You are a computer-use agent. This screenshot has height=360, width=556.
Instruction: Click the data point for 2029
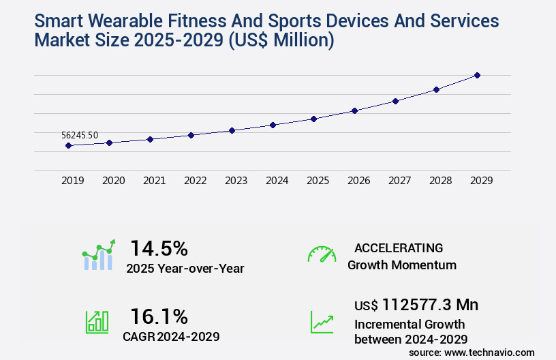click(477, 75)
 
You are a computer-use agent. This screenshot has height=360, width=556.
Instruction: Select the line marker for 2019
click(68, 145)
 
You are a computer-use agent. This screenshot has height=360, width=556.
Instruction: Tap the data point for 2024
click(273, 125)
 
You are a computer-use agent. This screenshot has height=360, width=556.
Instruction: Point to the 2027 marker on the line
click(395, 101)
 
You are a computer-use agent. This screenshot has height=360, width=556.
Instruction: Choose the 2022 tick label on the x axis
click(195, 181)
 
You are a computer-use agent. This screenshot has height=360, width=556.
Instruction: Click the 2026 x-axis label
click(358, 181)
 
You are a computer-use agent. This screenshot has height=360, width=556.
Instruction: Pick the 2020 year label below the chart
click(113, 181)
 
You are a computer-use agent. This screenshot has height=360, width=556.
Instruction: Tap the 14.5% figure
click(159, 248)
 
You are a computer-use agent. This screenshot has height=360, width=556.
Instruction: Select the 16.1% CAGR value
click(159, 316)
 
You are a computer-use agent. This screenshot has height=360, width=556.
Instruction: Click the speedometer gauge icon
click(322, 254)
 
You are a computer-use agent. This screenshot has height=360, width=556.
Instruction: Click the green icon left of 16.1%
click(97, 322)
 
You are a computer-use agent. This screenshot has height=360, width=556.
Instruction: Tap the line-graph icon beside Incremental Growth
click(322, 322)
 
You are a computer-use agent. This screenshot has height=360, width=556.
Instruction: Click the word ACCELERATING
click(399, 247)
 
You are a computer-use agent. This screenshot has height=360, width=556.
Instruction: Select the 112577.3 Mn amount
click(430, 304)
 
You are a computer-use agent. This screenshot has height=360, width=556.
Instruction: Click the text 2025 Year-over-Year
click(185, 268)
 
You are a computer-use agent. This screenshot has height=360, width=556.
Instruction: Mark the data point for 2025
click(313, 119)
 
